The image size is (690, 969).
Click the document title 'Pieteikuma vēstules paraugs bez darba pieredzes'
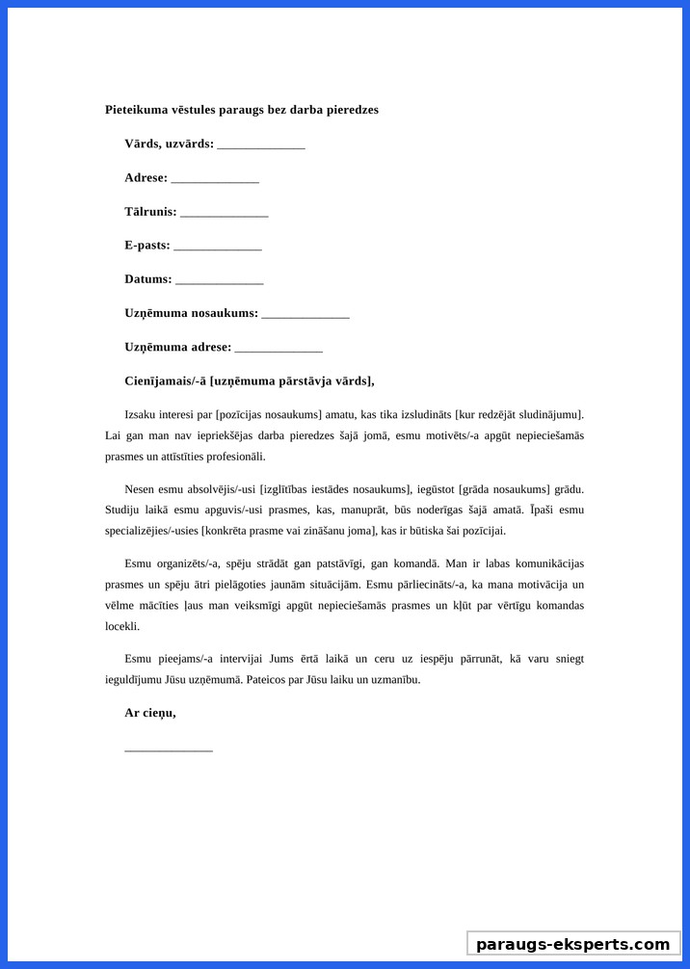[x=242, y=110]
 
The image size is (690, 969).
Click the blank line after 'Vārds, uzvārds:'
[x=261, y=145]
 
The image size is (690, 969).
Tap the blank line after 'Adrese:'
[x=215, y=179]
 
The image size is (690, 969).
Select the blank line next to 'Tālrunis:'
[x=224, y=213]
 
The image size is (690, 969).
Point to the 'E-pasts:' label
[x=146, y=246]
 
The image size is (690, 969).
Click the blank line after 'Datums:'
[x=219, y=280]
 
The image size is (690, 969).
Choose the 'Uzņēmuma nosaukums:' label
[x=191, y=313]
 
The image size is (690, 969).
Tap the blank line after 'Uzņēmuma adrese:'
[x=279, y=348]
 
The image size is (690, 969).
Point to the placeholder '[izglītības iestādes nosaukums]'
[x=335, y=489]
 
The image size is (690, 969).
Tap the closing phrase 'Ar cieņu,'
[x=149, y=714]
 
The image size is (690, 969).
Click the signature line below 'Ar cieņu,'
[x=169, y=748]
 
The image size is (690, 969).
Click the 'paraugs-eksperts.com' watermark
[x=572, y=944]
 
